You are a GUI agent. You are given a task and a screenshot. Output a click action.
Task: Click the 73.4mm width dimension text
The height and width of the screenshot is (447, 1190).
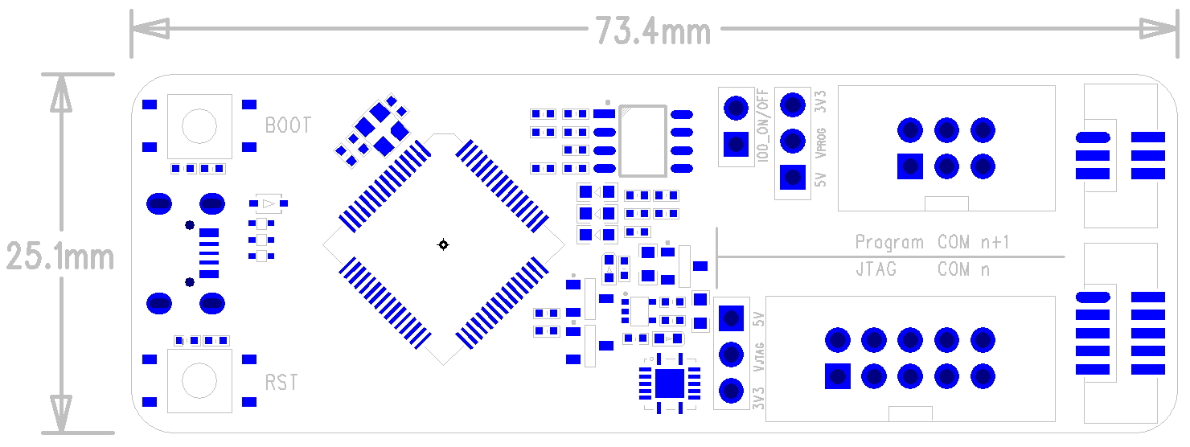click(653, 31)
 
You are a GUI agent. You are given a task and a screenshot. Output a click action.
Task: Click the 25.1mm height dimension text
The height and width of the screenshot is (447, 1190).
click(60, 257)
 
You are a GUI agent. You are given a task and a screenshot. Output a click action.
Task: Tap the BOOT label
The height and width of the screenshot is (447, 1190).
click(288, 125)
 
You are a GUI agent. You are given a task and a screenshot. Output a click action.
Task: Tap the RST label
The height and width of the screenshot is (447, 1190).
click(281, 382)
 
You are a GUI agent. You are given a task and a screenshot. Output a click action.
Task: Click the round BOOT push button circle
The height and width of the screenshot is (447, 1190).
click(199, 125)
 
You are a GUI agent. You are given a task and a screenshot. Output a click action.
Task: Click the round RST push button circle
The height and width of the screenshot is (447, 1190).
click(199, 380)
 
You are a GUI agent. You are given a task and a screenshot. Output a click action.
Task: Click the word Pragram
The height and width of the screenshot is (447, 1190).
click(888, 242)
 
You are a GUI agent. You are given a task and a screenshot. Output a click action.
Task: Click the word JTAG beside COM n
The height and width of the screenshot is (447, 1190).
click(876, 269)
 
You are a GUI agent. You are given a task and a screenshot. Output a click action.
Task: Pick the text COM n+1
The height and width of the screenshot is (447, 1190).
click(973, 242)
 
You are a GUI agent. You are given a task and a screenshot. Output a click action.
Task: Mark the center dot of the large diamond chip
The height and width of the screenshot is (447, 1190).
click(442, 244)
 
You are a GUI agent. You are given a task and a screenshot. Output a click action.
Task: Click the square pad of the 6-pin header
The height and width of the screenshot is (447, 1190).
click(910, 166)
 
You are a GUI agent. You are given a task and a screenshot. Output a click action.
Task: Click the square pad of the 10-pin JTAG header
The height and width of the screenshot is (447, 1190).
click(838, 375)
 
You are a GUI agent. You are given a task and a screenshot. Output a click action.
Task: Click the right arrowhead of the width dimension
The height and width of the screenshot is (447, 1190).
click(1162, 30)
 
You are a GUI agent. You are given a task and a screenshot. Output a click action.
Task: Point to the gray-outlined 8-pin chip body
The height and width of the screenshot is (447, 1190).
click(642, 141)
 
